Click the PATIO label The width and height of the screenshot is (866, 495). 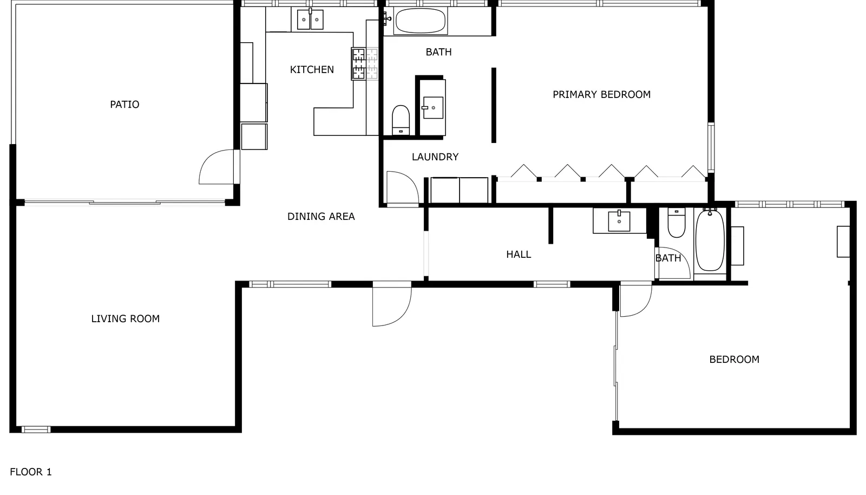coord(124,105)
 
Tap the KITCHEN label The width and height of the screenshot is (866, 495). coord(312,70)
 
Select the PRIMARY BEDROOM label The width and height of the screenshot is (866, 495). coord(601,94)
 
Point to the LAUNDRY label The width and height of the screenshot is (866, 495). coord(435,157)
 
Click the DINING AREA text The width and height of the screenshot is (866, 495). coord(321,216)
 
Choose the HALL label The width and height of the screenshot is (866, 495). coord(519,254)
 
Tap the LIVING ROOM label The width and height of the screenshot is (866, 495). coord(125,318)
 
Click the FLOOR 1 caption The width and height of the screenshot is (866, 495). coord(30,472)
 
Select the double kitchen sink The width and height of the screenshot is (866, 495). coord(310,19)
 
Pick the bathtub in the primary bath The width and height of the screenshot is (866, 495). coord(420,21)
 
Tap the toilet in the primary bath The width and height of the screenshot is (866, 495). coord(401,120)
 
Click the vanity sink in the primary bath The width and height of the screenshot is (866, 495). coord(433,108)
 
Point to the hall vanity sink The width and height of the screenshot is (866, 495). coord(619,221)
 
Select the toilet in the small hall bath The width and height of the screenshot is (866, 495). coord(677,223)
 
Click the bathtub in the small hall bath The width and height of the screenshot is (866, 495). coord(710,240)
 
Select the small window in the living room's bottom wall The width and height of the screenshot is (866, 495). coord(36,429)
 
